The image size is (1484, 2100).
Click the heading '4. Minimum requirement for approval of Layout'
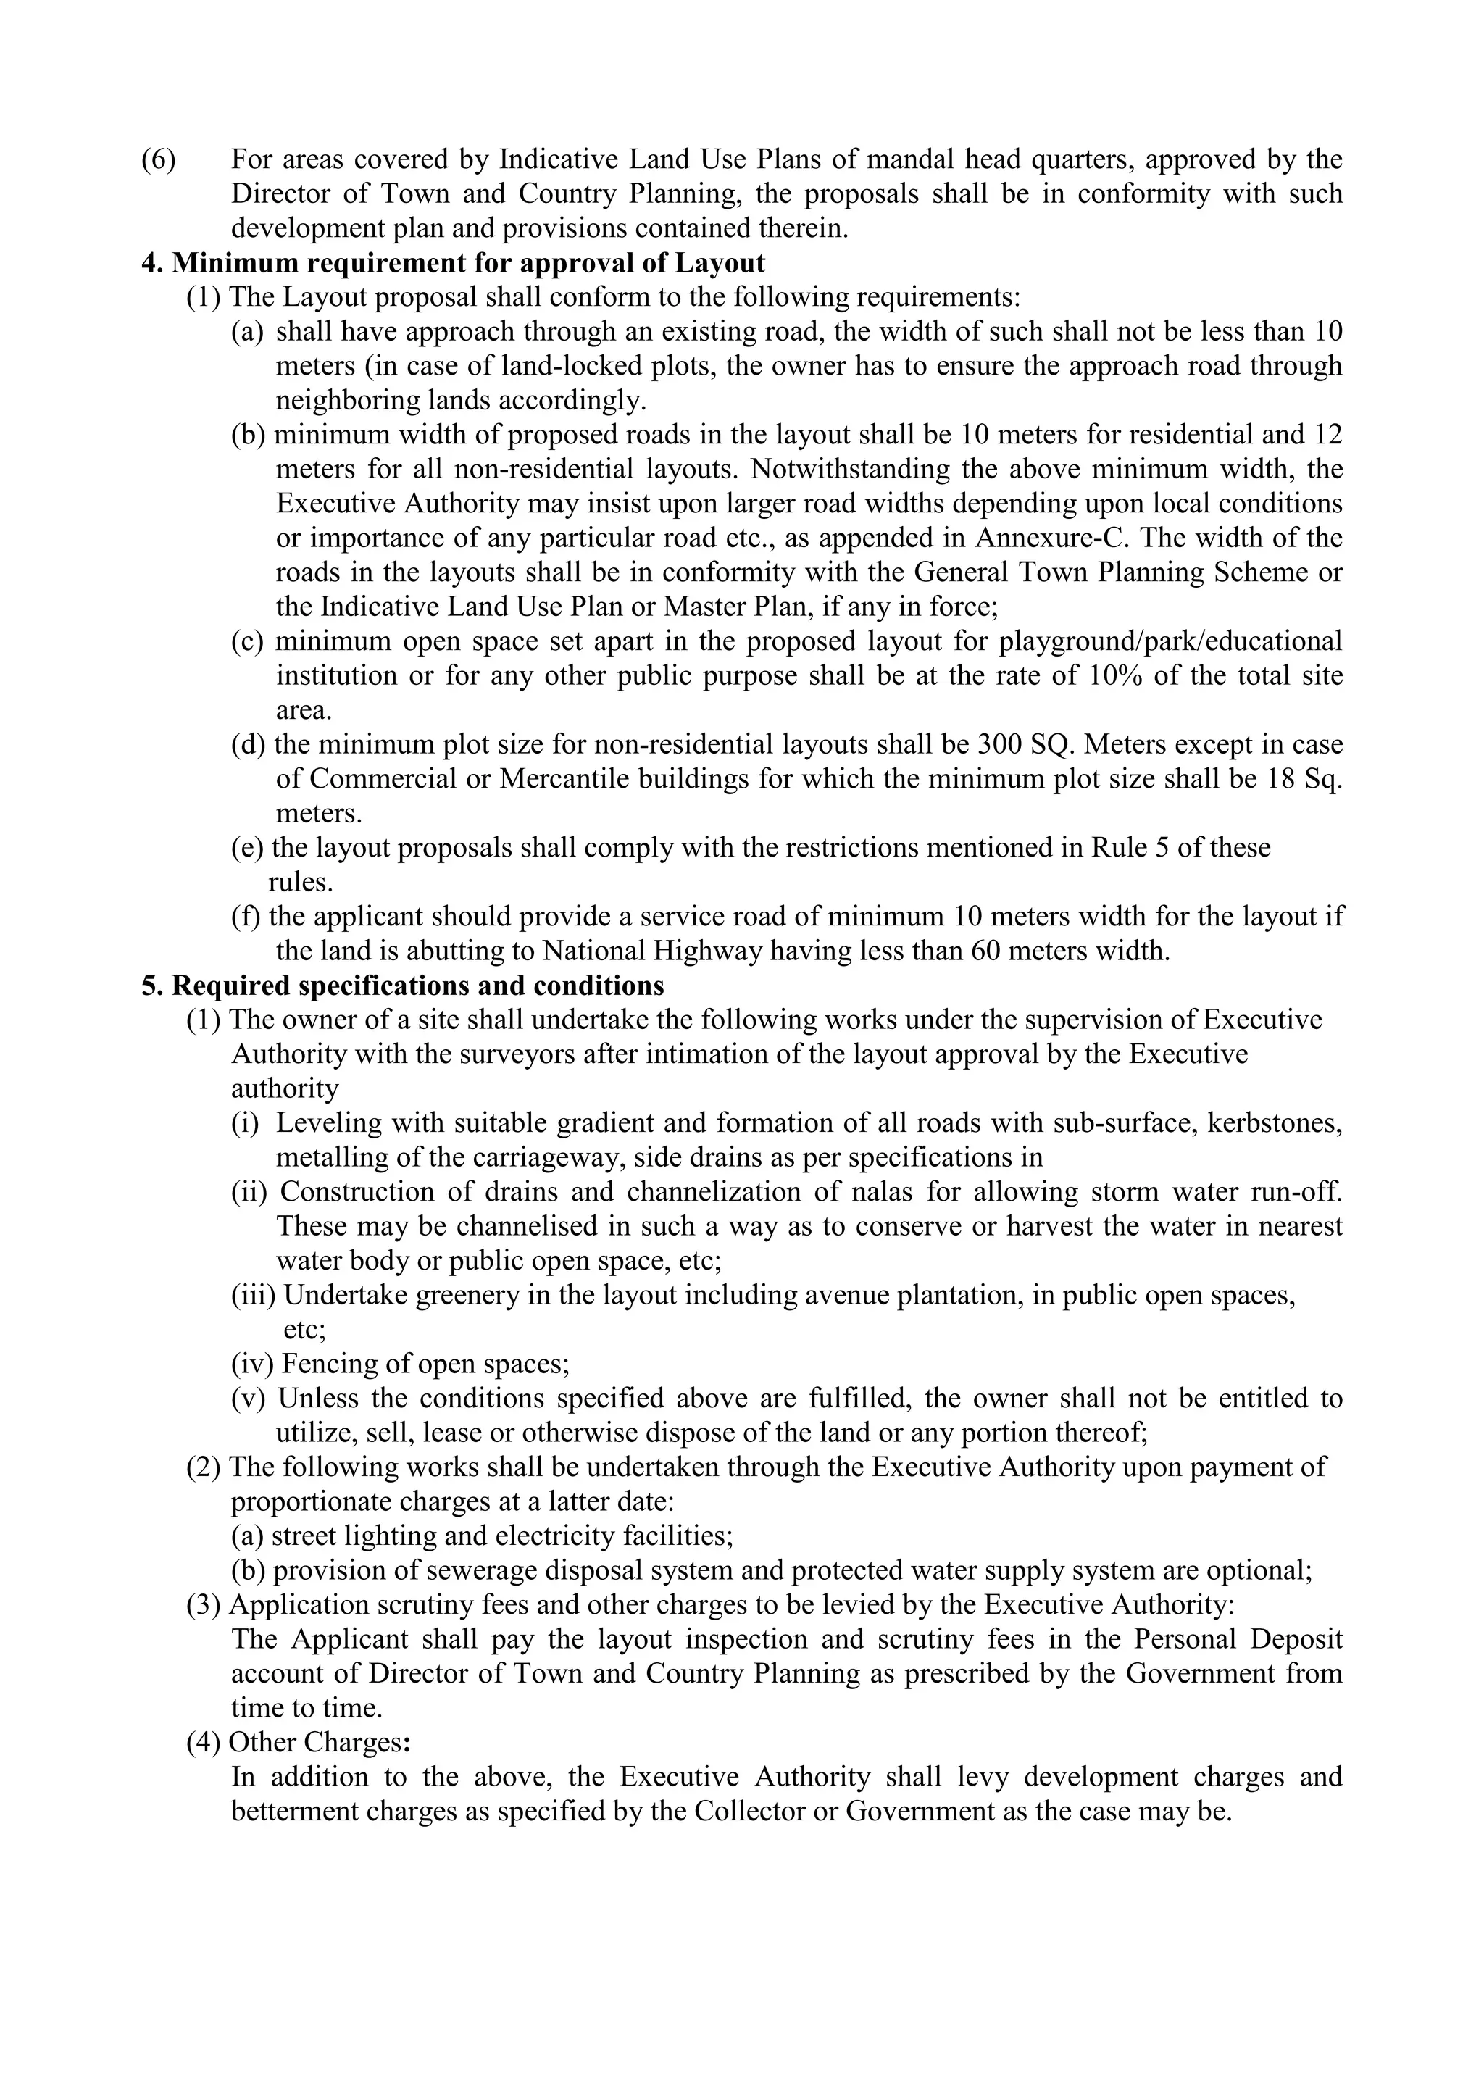[453, 264]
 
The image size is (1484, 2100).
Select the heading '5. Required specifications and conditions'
[402, 986]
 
